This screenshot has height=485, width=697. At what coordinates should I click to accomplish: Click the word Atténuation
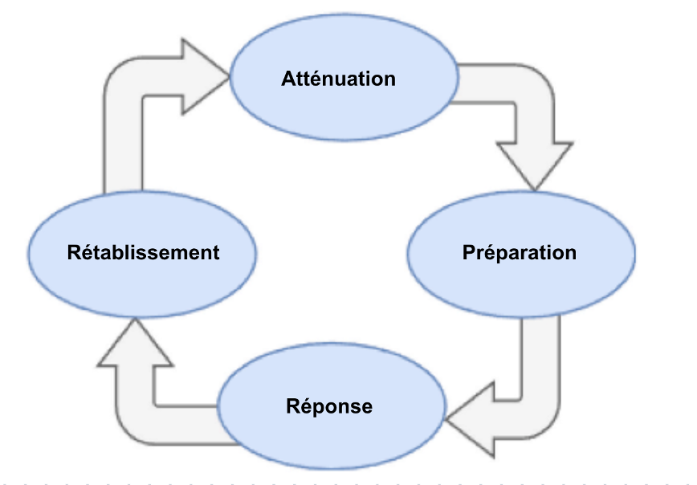tap(338, 79)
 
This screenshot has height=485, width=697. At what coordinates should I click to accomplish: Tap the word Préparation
tap(520, 252)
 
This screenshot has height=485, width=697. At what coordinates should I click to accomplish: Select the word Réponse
tap(329, 406)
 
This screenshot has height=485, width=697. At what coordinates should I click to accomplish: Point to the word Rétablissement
tap(143, 252)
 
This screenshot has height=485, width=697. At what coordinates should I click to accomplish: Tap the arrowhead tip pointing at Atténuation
tap(229, 76)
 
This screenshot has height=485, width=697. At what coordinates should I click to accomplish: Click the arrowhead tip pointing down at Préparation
tap(535, 191)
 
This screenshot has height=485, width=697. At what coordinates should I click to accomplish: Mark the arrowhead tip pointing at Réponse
tap(446, 419)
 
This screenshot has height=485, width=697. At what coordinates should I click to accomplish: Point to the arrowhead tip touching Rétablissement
tap(135, 319)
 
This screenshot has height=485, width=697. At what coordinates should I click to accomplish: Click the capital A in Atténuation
tap(289, 79)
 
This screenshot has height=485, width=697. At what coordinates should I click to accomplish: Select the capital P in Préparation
tap(469, 252)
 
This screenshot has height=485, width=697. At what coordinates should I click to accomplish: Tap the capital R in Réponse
tap(293, 406)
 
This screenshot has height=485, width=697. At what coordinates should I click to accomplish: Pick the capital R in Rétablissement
tap(75, 252)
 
